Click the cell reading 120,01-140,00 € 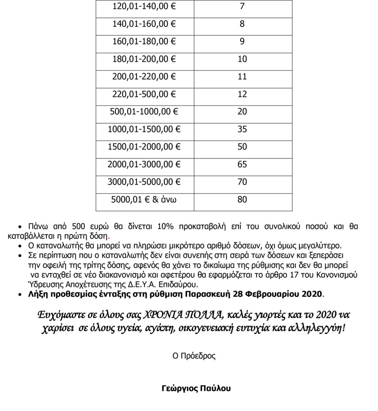click(144, 6)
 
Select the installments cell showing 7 click(242, 6)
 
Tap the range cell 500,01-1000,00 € click(144, 112)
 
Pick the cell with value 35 click(242, 129)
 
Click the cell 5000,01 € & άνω click(144, 199)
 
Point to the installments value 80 click(242, 199)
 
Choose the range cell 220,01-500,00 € click(144, 94)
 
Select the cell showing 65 click(242, 165)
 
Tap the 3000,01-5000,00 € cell click(144, 182)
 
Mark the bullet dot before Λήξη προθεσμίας click(21, 295)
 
